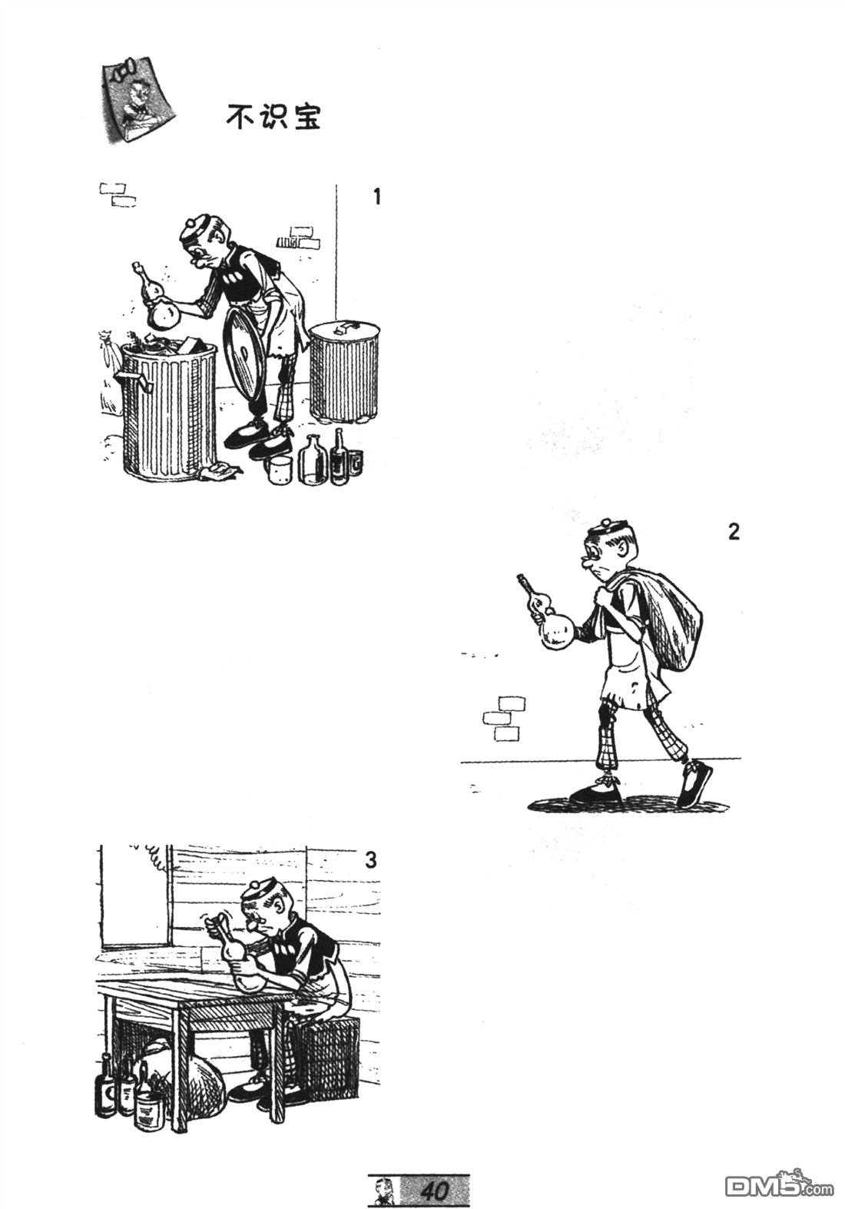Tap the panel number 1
[x=377, y=197]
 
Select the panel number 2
[x=734, y=532]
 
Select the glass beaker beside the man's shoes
[x=280, y=470]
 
